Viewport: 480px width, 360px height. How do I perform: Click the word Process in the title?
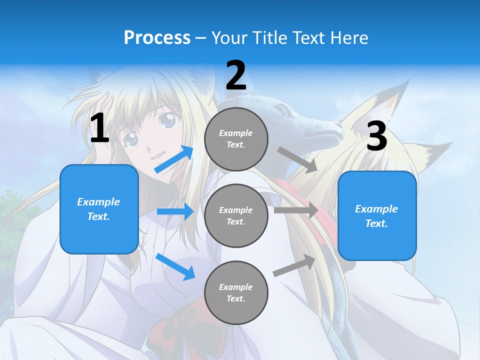(x=157, y=37)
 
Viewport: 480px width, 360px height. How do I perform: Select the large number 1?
(x=99, y=128)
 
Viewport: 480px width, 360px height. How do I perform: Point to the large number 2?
(x=236, y=76)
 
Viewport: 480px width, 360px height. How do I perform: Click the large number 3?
(x=376, y=136)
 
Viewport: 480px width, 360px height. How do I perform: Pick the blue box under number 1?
(x=99, y=209)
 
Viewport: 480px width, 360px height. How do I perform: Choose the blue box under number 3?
(x=377, y=215)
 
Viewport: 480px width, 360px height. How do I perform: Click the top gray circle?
(x=236, y=139)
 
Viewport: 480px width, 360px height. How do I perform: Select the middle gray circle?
(x=236, y=215)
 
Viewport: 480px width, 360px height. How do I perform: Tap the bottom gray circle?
(x=236, y=292)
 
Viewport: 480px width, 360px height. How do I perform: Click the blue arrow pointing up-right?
(x=174, y=159)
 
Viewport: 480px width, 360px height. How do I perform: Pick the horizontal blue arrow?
(x=175, y=211)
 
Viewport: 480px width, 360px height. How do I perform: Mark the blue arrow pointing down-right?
(x=175, y=266)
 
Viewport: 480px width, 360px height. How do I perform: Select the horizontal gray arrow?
(x=296, y=210)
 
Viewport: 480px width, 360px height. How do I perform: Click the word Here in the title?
(x=350, y=37)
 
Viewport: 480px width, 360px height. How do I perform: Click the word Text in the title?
(x=309, y=37)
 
